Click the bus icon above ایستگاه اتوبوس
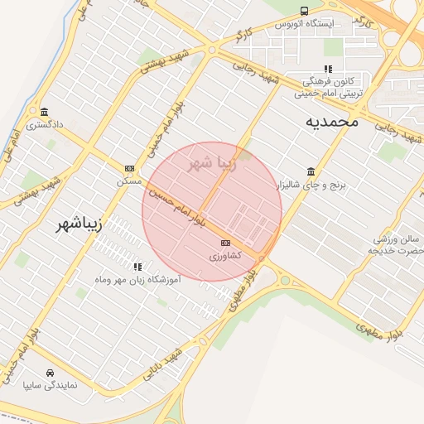305,12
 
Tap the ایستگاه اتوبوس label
305,24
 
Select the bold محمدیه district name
331,121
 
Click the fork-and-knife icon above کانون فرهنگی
328,70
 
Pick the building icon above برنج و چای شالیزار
311,171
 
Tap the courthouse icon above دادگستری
43,113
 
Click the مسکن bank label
128,181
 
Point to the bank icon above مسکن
128,167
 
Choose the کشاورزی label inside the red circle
224,256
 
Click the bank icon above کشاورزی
225,243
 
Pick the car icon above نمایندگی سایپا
51,372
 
